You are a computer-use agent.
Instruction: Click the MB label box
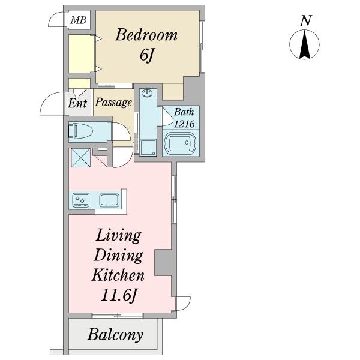(x=78, y=20)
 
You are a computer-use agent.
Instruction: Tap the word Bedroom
(x=146, y=35)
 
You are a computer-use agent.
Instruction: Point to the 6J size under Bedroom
(x=146, y=55)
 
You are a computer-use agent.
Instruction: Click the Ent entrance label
(x=77, y=103)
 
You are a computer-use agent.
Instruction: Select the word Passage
(x=113, y=103)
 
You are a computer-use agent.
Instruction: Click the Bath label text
(x=184, y=112)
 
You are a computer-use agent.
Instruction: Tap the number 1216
(x=184, y=124)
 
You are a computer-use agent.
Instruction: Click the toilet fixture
(x=82, y=131)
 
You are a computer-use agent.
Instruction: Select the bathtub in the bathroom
(x=181, y=143)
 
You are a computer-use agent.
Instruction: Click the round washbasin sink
(x=147, y=94)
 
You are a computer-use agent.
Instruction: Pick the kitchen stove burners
(x=80, y=200)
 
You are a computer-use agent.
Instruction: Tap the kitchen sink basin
(x=109, y=200)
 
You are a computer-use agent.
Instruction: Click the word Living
(x=118, y=236)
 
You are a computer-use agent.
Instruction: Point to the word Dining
(x=118, y=256)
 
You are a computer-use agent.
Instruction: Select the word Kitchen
(x=118, y=275)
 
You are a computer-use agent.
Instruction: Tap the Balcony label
(x=115, y=335)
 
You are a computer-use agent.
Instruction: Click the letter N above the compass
(x=305, y=21)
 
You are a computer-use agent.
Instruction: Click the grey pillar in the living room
(x=163, y=262)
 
